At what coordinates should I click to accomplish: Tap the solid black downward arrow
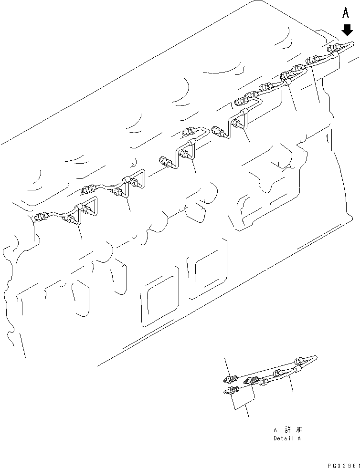(x=347, y=30)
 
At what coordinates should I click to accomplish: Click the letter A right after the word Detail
(x=299, y=438)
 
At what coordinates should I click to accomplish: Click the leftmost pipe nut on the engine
(x=42, y=218)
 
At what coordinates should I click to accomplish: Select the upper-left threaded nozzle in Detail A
(x=231, y=379)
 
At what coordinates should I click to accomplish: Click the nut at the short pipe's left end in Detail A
(x=264, y=380)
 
